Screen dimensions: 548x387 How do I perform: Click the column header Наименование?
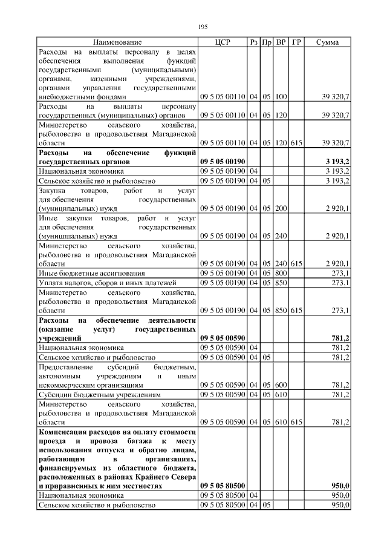tap(117, 42)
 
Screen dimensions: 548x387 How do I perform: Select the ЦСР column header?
tap(223, 42)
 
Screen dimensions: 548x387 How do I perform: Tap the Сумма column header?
tap(327, 42)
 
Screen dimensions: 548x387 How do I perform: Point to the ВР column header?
tap(281, 42)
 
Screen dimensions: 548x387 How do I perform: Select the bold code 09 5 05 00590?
tap(222, 338)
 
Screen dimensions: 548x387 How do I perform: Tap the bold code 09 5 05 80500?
tap(222, 486)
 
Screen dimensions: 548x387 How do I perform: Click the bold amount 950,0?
tap(340, 486)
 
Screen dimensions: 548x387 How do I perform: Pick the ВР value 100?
tap(281, 96)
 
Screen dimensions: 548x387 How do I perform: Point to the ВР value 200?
tap(281, 208)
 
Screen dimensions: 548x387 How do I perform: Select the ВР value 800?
tap(281, 273)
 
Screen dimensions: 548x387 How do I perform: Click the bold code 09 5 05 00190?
tap(222, 162)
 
